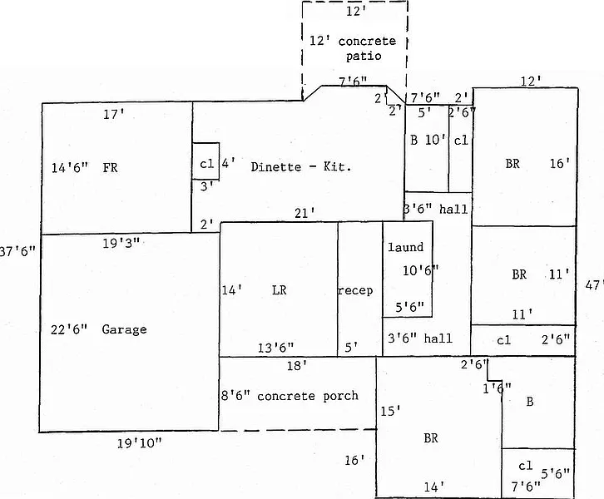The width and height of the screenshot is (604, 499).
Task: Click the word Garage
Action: (124, 329)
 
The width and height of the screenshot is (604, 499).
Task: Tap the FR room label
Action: (110, 167)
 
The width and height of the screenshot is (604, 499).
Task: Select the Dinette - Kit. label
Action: (301, 167)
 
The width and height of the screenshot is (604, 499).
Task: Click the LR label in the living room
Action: (279, 290)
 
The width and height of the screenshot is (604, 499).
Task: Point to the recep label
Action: (355, 290)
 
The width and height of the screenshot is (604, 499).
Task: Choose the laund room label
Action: (406, 247)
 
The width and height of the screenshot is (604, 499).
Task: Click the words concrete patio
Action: (352, 48)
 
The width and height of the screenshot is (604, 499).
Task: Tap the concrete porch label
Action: (307, 395)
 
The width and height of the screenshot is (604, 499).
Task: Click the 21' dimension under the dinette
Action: (304, 213)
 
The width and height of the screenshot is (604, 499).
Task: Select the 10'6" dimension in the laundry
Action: (420, 269)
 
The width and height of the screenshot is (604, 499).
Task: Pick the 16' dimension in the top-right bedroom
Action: (560, 165)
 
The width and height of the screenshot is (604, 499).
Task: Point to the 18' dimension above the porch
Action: (298, 364)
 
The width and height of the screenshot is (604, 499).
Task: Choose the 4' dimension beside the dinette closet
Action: (227, 162)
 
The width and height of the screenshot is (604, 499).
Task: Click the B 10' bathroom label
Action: (427, 140)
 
